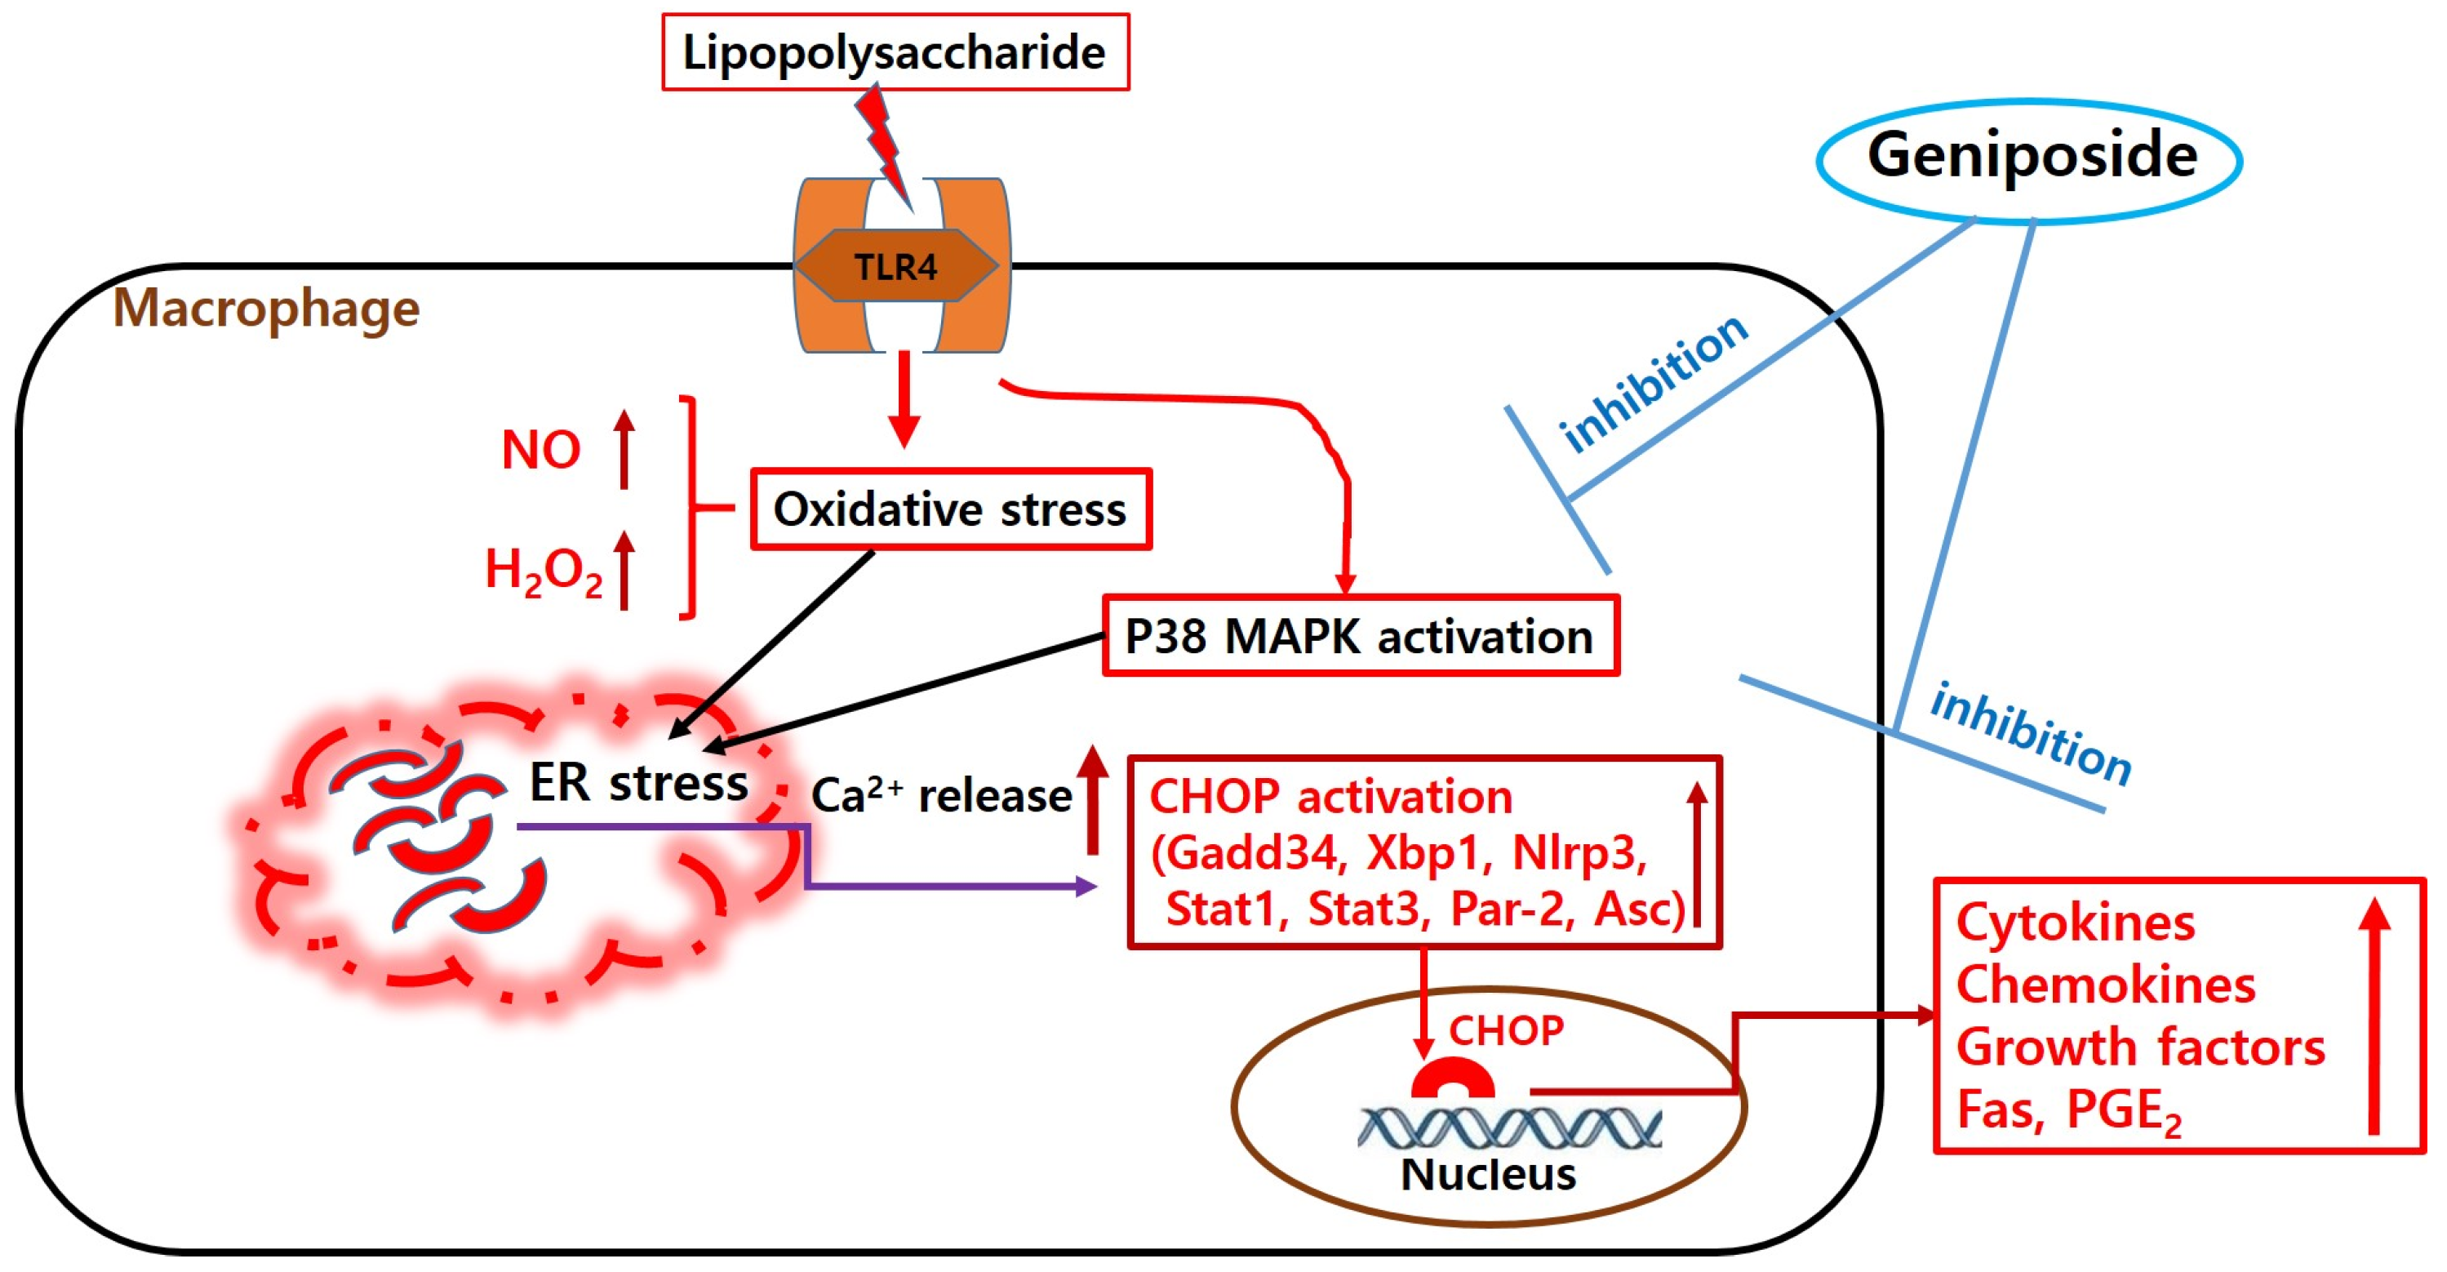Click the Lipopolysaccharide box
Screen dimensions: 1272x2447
895,52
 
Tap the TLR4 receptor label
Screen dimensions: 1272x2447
895,267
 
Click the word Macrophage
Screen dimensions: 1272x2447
266,308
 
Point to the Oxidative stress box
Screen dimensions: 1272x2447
950,509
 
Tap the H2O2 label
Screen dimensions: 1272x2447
543,571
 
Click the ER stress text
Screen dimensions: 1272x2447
638,783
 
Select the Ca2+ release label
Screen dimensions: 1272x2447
940,795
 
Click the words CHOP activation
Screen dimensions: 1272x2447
1330,796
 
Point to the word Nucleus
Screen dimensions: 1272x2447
1488,1174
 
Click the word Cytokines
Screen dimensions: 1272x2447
2075,923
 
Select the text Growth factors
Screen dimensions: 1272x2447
2140,1047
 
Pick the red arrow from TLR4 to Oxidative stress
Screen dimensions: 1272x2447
904,399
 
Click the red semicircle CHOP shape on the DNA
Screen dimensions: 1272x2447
1451,1079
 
